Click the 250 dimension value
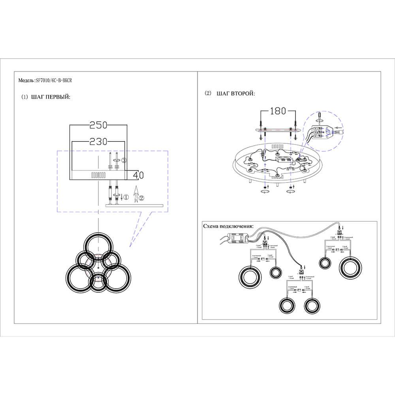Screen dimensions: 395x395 (x=98, y=125)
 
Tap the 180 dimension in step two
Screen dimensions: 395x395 (x=277, y=111)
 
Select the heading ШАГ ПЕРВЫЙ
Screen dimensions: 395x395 (x=51, y=97)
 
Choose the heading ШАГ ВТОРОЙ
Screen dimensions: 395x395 (x=236, y=94)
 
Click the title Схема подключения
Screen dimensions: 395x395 (x=228, y=226)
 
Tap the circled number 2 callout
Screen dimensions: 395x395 (x=142, y=197)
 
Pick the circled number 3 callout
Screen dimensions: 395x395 (x=124, y=160)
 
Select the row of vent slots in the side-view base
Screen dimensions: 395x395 (x=98, y=175)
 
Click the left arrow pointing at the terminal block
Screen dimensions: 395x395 (x=337, y=128)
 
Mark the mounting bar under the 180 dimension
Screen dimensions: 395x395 (x=277, y=130)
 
